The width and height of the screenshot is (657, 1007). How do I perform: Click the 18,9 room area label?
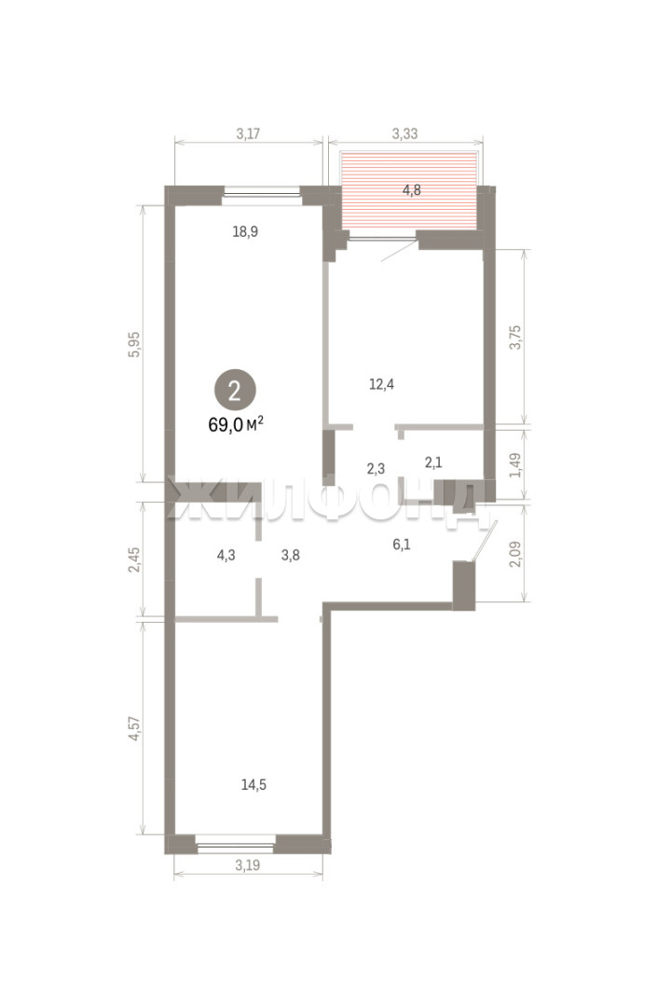coord(245,231)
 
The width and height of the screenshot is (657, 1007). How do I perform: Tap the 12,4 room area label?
coord(382,385)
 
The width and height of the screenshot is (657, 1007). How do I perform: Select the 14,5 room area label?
coord(253,785)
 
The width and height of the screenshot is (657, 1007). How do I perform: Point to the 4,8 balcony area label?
coord(412,190)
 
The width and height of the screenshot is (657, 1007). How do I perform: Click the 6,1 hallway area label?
coord(402,545)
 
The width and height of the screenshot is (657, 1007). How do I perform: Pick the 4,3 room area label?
coord(226,555)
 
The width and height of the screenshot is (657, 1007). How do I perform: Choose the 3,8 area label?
coord(291,555)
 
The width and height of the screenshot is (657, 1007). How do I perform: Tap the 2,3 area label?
coord(376,469)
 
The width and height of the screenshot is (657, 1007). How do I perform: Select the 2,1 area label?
coord(433,462)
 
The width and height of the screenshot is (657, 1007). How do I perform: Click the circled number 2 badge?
coord(235,391)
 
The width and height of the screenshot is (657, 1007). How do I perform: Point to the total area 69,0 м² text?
coord(237,424)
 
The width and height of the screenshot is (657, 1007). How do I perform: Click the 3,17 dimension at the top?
coord(248,133)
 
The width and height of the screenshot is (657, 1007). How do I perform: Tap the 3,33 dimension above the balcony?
coord(404,133)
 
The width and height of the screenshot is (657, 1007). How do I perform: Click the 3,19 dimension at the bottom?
coord(248,865)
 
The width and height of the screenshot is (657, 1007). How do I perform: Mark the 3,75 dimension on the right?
coord(515,338)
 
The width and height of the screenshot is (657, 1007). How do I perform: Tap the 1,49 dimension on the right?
coord(515,465)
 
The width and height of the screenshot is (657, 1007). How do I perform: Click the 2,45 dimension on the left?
coord(134,560)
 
